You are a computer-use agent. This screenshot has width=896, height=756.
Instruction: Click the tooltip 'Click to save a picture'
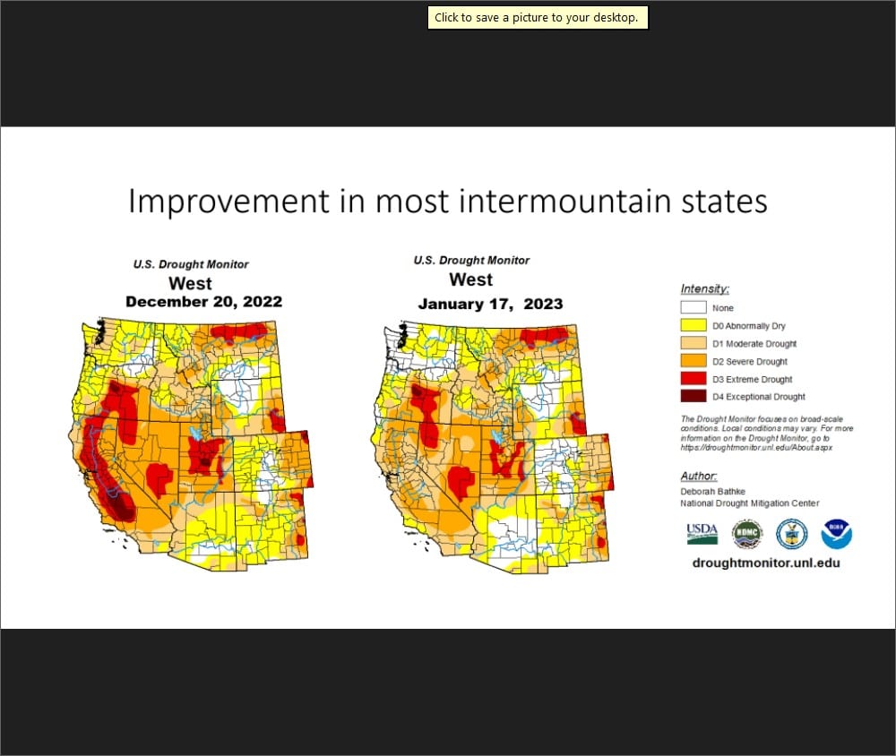click(538, 18)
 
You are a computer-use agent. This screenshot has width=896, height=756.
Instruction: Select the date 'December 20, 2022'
click(203, 302)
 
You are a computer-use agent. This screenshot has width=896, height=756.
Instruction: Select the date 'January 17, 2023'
click(490, 304)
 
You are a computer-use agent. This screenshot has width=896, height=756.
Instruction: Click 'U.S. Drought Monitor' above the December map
click(191, 264)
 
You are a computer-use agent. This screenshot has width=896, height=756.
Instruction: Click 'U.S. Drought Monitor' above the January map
click(471, 261)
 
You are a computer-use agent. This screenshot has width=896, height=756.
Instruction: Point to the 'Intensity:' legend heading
click(704, 288)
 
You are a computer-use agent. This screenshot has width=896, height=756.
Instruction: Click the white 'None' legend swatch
click(692, 308)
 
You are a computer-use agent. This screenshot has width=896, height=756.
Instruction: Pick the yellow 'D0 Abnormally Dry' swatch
click(692, 326)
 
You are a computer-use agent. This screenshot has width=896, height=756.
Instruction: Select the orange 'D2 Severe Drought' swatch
click(692, 361)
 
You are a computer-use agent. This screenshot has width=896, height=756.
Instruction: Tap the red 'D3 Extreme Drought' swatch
click(692, 379)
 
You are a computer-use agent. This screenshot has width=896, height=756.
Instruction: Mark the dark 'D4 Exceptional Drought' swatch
click(692, 396)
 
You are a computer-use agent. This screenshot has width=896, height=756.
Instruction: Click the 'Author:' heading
click(699, 476)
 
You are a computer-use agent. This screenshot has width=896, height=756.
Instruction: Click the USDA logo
click(702, 534)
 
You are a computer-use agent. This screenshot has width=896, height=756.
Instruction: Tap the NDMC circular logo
click(746, 534)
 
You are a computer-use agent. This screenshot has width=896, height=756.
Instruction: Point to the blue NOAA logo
click(836, 534)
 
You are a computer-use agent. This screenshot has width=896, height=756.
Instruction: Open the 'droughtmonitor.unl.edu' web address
click(766, 563)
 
